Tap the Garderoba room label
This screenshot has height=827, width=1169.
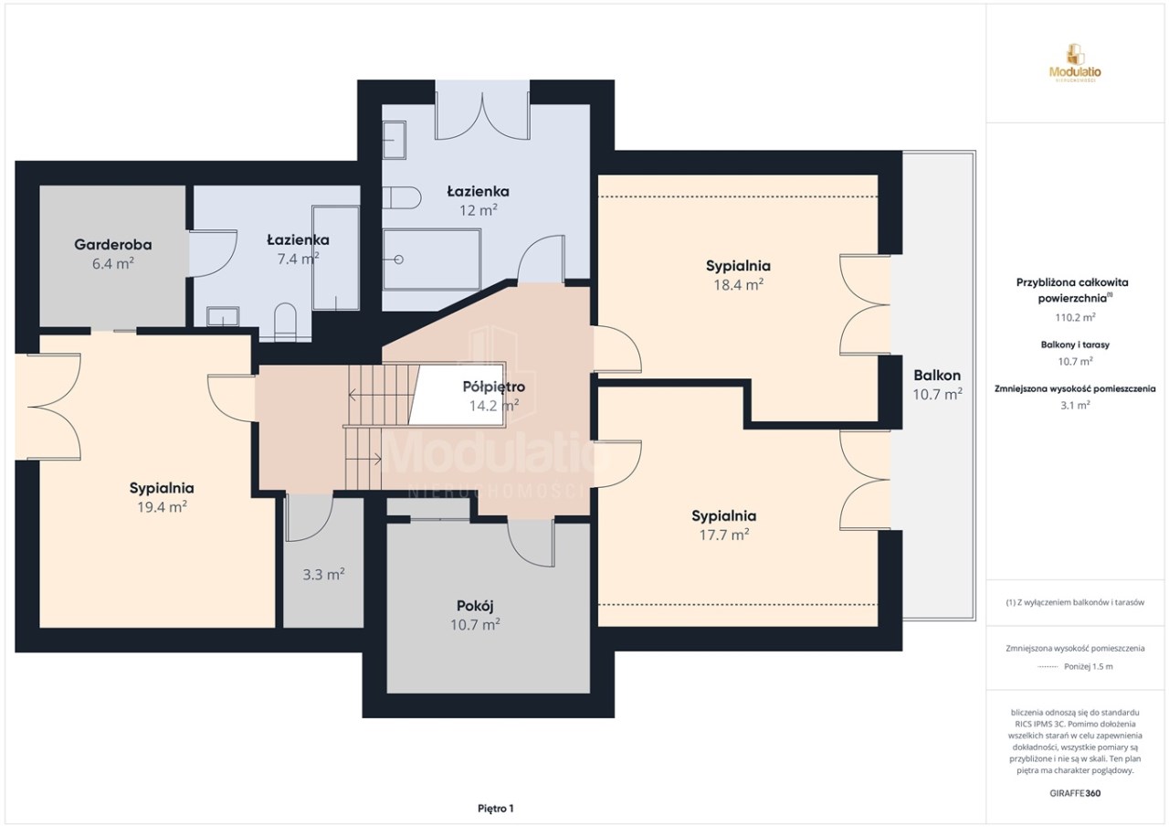coord(112,244)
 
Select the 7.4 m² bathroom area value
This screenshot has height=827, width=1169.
coord(298,259)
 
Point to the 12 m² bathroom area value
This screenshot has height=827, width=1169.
coord(478,210)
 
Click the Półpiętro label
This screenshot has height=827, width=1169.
coord(494,387)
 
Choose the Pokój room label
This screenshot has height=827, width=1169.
coord(475,606)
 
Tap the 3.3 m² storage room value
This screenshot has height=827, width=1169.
coord(323,575)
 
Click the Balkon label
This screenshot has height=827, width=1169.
coord(937,376)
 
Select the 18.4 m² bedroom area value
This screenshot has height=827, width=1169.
coord(739,284)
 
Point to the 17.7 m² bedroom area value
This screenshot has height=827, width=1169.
coord(724,535)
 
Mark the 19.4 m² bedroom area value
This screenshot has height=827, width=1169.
coord(163,507)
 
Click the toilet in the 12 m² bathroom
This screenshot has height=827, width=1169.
coord(402,198)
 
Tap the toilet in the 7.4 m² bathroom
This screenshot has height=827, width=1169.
coord(285,322)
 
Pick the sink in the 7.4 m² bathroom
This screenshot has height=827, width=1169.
coord(223,316)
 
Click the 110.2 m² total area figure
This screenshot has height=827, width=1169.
coord(1075,317)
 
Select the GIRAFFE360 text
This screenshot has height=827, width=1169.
coord(1075,793)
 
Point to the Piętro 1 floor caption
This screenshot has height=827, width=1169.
coord(496,809)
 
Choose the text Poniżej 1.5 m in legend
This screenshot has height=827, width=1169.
coord(1089,667)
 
